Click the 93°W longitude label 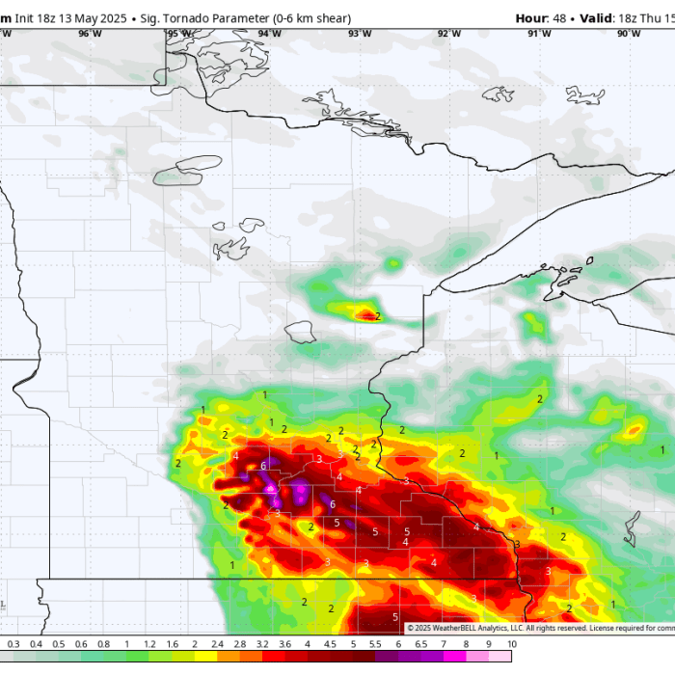[x=360, y=34]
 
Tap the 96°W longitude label [x=90, y=34]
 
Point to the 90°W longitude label [x=628, y=34]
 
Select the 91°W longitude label [x=539, y=34]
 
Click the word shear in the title [x=332, y=18]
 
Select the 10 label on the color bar [x=511, y=644]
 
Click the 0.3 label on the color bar [x=13, y=644]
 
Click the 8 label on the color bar [x=466, y=644]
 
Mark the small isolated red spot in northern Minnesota [x=365, y=313]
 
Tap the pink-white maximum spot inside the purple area [x=270, y=487]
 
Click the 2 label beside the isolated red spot [x=378, y=316]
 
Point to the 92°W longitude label [x=448, y=34]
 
